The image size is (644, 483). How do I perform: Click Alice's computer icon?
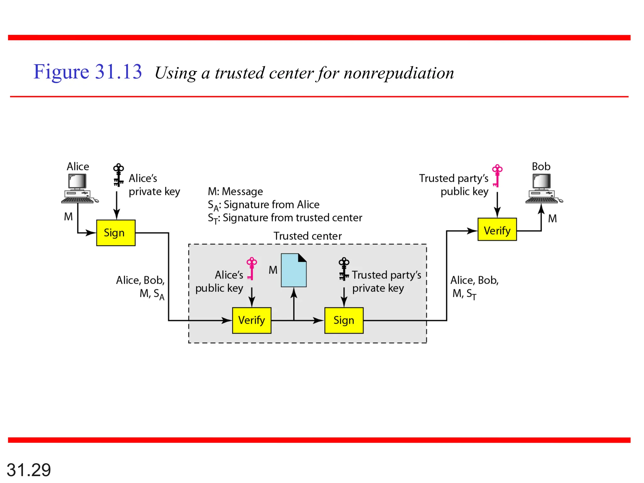[x=79, y=188]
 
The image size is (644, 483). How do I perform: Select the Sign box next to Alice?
[x=116, y=233]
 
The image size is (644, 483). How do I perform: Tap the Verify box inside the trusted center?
[x=252, y=320]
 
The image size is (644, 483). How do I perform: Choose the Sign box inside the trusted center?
[x=344, y=320]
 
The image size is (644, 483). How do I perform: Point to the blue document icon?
[x=293, y=270]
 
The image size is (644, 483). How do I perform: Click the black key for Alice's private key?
[x=118, y=175]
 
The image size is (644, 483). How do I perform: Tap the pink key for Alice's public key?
[x=252, y=268]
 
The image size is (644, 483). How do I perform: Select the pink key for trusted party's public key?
[x=497, y=175]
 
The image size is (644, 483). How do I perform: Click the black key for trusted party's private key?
[x=344, y=269]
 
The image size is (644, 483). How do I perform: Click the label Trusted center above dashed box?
[x=307, y=236]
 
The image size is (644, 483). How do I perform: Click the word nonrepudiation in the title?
[x=399, y=73]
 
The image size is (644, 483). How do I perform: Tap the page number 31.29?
[x=29, y=470]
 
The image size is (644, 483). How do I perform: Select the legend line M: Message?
[x=235, y=191]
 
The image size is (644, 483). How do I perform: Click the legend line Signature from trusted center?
[x=285, y=218]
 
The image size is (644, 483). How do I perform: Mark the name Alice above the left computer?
[x=78, y=166]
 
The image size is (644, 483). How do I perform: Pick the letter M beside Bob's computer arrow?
[x=552, y=219]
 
